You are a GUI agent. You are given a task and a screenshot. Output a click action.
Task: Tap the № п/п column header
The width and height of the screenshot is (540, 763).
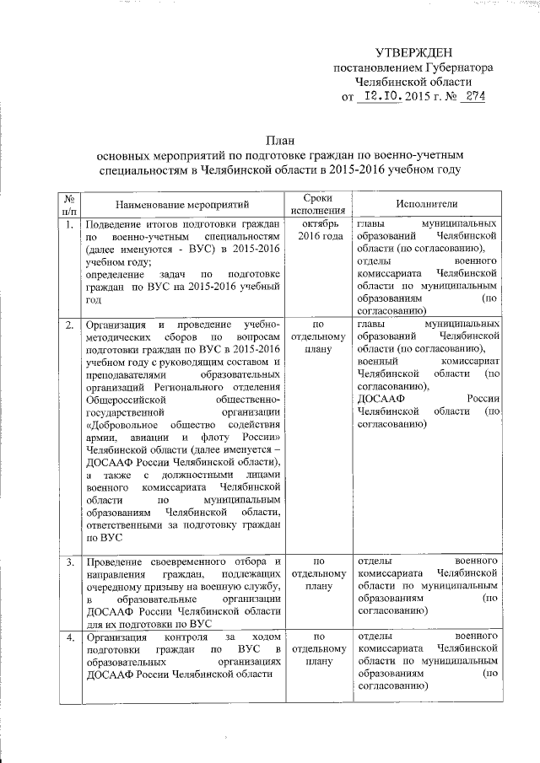(x=67, y=204)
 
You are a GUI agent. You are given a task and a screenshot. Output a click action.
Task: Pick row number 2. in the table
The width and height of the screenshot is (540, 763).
(x=67, y=325)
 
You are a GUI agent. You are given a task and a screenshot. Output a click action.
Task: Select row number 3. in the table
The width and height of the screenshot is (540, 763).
(x=67, y=561)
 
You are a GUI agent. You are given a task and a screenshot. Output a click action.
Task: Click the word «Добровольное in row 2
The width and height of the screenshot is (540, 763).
(x=124, y=424)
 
